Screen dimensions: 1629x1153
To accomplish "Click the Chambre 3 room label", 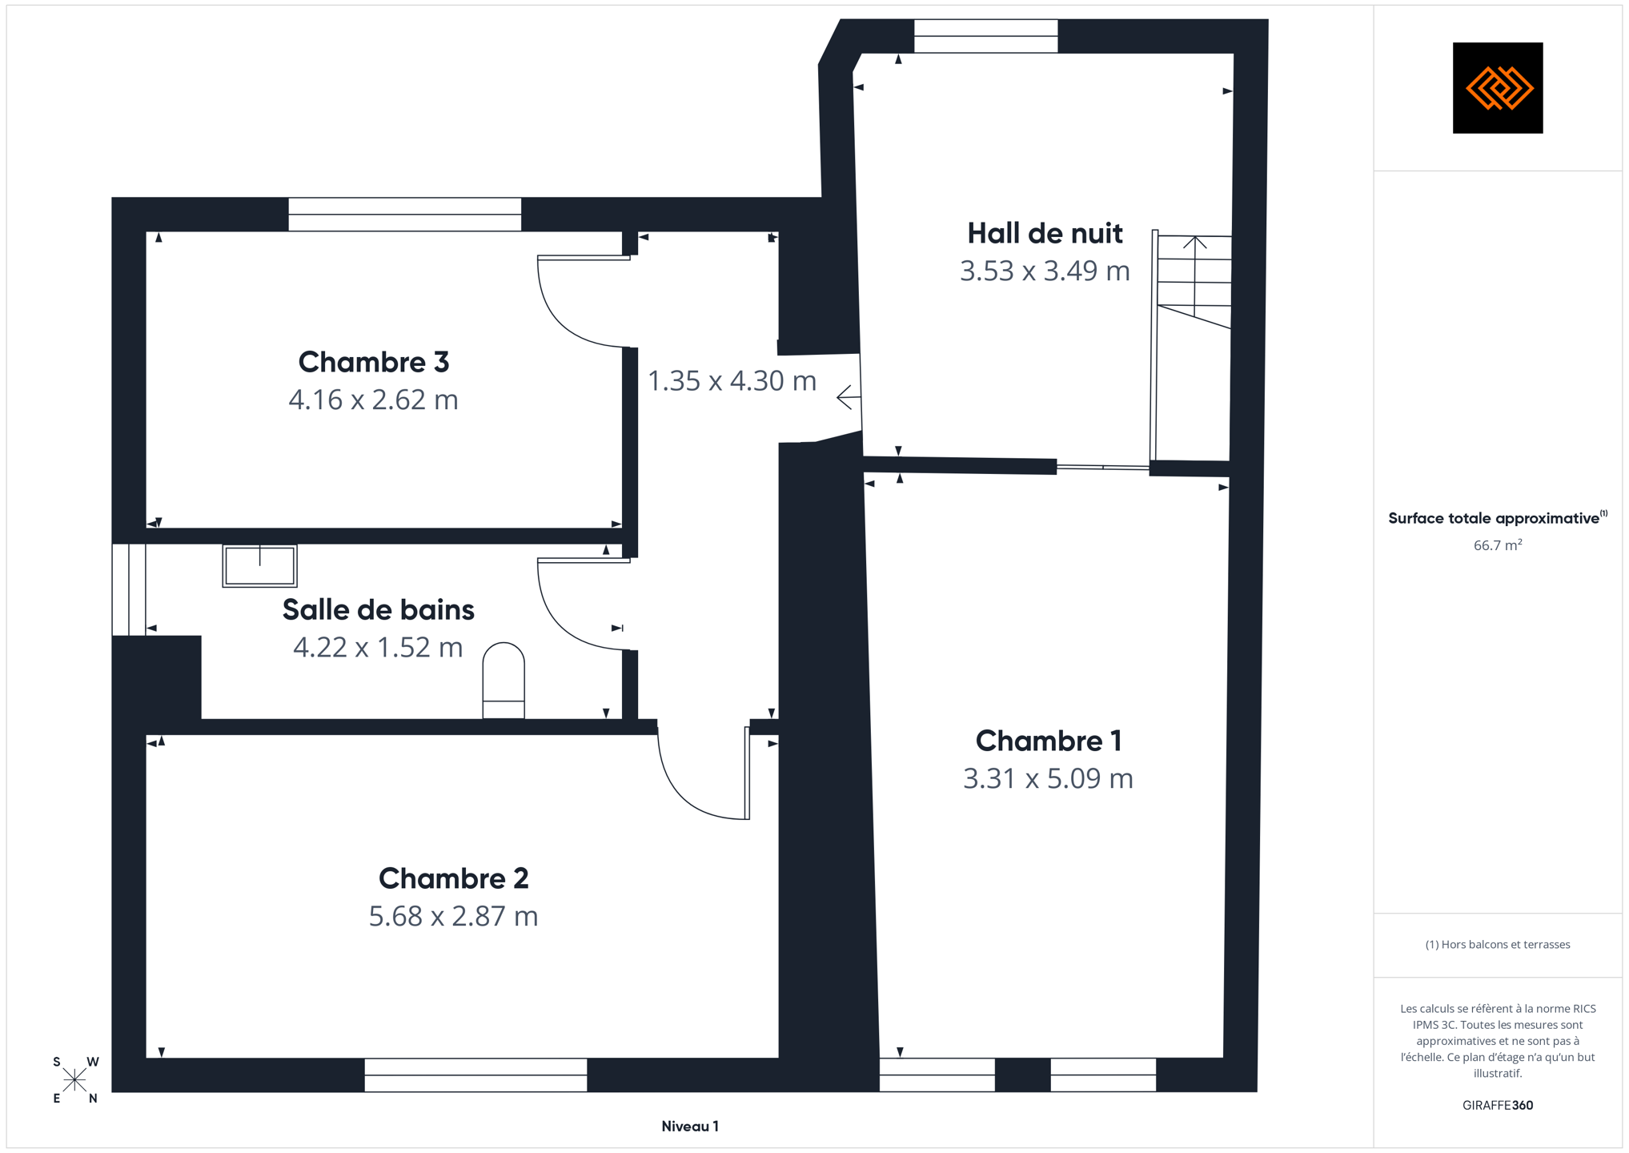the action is click(373, 362).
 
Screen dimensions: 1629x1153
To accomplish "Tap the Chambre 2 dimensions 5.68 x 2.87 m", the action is click(453, 916).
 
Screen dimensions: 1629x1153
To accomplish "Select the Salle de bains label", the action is click(378, 609).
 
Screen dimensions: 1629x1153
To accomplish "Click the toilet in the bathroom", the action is click(504, 680).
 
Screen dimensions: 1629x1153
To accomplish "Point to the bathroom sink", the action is click(259, 566).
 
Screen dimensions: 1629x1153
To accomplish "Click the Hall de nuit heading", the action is click(1045, 233).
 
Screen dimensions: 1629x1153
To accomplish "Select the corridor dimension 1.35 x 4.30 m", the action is click(732, 380).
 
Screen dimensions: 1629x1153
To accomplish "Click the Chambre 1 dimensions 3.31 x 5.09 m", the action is click(1048, 778).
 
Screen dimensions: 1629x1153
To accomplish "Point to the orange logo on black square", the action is click(1498, 88).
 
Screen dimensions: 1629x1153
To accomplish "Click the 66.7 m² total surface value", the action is click(1498, 545).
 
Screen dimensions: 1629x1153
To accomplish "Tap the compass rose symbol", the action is click(74, 1080).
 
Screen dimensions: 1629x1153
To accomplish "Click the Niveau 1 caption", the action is click(690, 1127).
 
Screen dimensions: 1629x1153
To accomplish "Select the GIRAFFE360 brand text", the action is click(1498, 1105).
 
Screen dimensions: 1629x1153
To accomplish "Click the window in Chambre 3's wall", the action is click(405, 215).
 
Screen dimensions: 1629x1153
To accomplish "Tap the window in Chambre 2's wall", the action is click(476, 1075).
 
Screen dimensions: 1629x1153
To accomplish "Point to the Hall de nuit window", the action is click(986, 36).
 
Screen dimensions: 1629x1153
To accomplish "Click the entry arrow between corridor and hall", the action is click(849, 397).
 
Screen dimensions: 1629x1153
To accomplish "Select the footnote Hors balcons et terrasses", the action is click(1498, 945).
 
